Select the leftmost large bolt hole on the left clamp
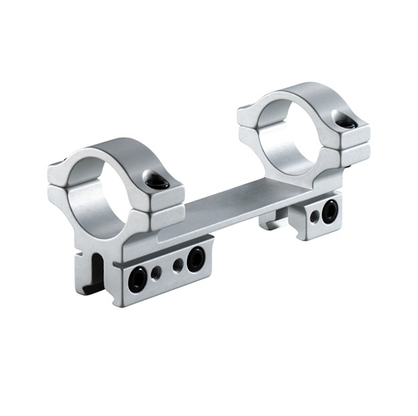pos(137,279)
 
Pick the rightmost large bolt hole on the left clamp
pos(195,260)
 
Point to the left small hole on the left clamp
pos(156,273)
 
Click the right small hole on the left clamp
pos(177,266)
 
